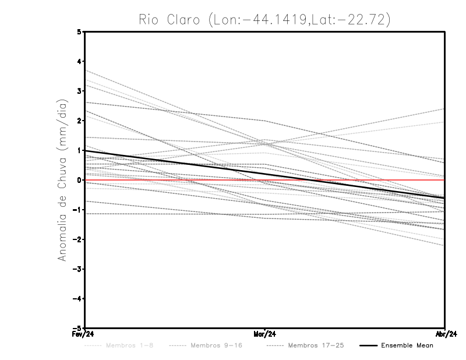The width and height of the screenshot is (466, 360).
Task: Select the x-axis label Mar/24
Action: tap(265, 334)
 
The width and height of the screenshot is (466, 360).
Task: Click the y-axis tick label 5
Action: tap(79, 31)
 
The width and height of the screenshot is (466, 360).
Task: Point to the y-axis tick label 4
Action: tap(79, 61)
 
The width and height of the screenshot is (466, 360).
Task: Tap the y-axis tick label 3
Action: tap(79, 91)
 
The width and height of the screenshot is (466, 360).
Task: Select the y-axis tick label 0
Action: tap(79, 180)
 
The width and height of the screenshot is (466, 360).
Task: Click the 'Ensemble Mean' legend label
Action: tap(407, 345)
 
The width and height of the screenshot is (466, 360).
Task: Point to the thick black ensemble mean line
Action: tap(175, 162)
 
